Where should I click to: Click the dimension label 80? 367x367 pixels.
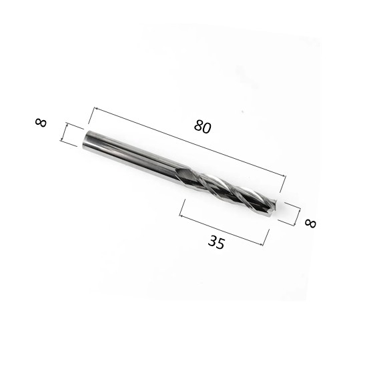[203, 127]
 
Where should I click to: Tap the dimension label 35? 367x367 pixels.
[216, 242]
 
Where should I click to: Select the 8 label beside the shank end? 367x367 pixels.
[41, 123]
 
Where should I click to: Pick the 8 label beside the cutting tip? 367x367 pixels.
[310, 223]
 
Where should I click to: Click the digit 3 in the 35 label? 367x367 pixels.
[212, 241]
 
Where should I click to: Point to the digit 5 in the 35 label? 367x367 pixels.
[220, 244]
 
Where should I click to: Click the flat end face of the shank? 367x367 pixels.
[86, 139]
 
